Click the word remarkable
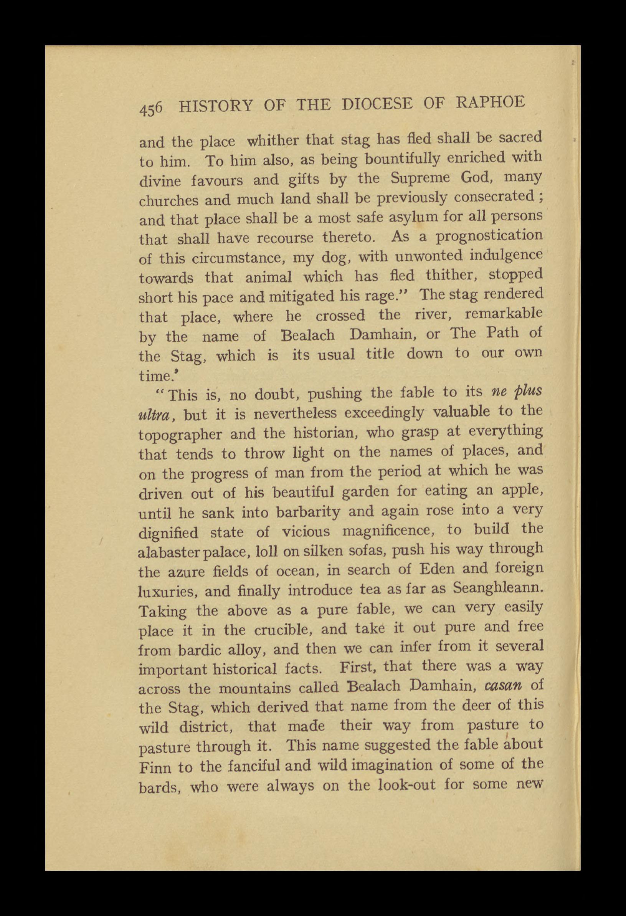tap(504, 313)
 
